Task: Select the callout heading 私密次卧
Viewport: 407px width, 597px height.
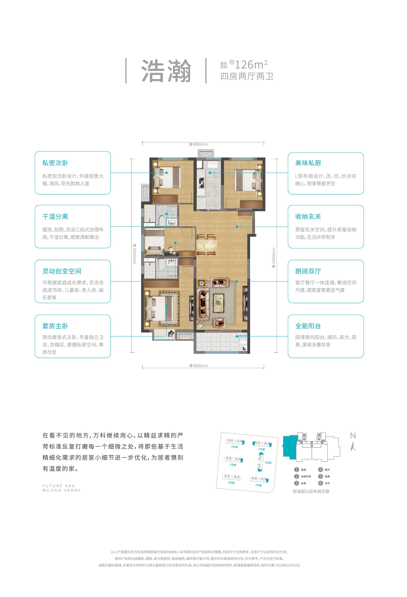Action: tap(55, 163)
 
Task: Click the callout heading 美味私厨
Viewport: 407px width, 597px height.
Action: tap(308, 163)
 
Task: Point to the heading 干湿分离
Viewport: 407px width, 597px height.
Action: tap(55, 216)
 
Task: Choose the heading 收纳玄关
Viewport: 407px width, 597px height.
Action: tap(308, 216)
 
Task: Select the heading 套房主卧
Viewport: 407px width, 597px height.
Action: tap(55, 326)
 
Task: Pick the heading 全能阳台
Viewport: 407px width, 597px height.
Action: tap(308, 326)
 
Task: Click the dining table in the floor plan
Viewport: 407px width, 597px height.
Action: tap(206, 245)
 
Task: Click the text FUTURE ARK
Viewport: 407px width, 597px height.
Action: tap(59, 486)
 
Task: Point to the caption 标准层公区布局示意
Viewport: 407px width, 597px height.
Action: tap(311, 492)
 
